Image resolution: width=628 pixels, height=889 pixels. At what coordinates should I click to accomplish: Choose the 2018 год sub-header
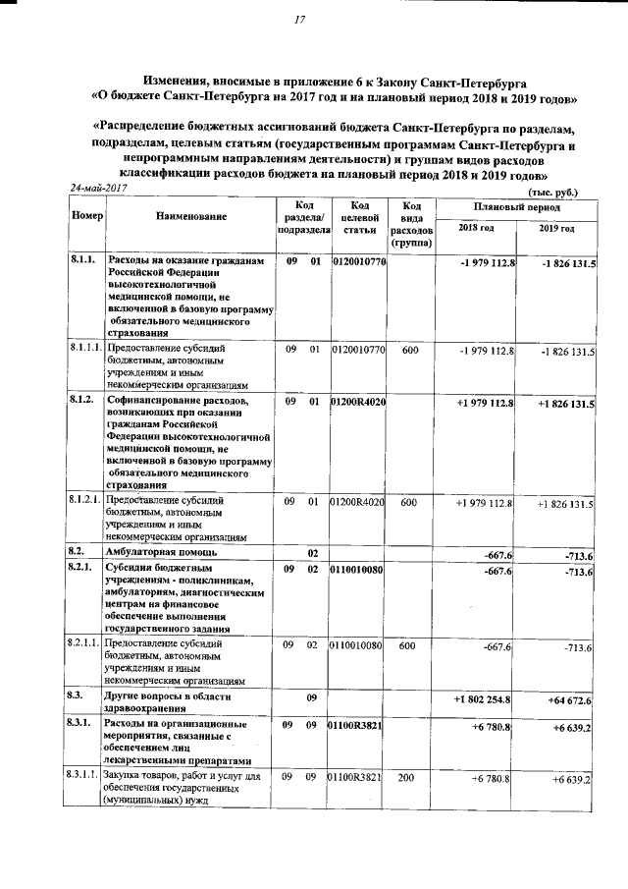pyautogui.click(x=476, y=228)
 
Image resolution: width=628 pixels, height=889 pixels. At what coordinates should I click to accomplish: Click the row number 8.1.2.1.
pyautogui.click(x=85, y=502)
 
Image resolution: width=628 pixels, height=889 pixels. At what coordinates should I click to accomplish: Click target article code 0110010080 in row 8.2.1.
pyautogui.click(x=357, y=570)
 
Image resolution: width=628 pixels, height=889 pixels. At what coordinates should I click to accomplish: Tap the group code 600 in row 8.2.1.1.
pyautogui.click(x=410, y=645)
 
